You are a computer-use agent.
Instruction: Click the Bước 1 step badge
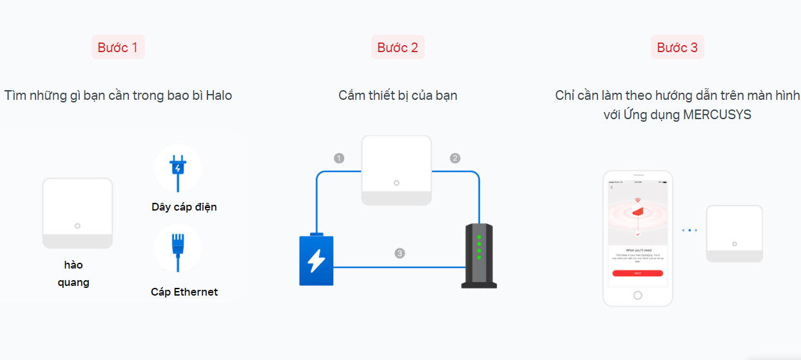tap(118, 48)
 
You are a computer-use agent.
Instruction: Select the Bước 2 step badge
tap(398, 48)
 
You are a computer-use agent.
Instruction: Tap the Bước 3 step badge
tap(677, 48)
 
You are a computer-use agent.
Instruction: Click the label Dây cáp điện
tap(184, 207)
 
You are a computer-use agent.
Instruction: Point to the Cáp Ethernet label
tap(184, 292)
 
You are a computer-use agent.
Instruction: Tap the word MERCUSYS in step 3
tap(719, 115)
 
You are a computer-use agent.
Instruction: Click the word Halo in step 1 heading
tap(219, 95)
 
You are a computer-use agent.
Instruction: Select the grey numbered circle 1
tap(339, 158)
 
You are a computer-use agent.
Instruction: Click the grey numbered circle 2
tap(455, 158)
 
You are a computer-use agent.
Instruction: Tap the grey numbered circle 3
tap(400, 253)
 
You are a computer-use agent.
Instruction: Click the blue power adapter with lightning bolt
tap(316, 260)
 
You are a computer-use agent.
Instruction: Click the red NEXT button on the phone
tap(637, 273)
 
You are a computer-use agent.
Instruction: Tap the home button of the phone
tap(638, 295)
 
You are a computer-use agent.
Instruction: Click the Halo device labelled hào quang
tap(77, 213)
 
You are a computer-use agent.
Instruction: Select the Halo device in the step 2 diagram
tap(396, 170)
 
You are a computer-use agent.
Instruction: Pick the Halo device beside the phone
tap(734, 233)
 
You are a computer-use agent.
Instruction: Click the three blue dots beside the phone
tap(689, 230)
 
